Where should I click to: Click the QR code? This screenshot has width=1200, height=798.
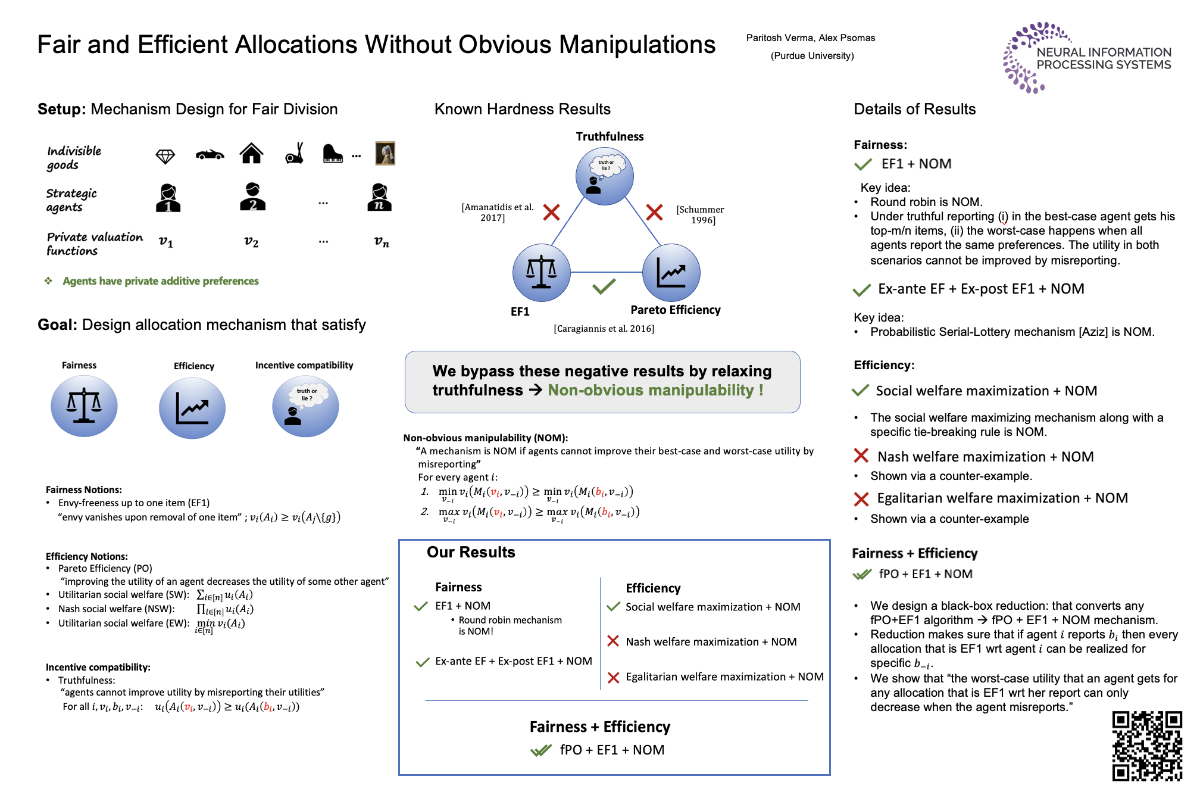point(1147,746)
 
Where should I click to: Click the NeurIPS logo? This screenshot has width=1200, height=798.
point(1087,58)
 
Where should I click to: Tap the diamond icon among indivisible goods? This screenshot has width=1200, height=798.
point(165,156)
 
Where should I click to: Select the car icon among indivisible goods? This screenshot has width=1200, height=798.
point(210,155)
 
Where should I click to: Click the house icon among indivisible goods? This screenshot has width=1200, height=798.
point(251,153)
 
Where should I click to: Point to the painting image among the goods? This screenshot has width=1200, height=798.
point(385,153)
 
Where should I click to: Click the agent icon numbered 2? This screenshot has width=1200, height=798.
point(252,197)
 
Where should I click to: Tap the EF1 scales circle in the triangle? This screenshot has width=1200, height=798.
point(541,273)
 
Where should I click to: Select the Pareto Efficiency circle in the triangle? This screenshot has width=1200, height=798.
point(671,273)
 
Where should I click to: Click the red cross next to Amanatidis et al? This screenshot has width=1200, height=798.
point(551,212)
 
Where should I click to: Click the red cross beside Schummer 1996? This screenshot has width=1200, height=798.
point(654,212)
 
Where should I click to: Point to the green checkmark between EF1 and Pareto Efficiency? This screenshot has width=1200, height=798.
point(604,287)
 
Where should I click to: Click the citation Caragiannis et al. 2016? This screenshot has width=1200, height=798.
point(604,329)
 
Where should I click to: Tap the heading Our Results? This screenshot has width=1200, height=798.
point(471,552)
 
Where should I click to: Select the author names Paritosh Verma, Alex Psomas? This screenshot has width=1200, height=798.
point(811,38)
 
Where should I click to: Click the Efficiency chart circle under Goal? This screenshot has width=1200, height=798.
point(192,408)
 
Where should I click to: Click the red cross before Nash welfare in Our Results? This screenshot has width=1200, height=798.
point(613,641)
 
